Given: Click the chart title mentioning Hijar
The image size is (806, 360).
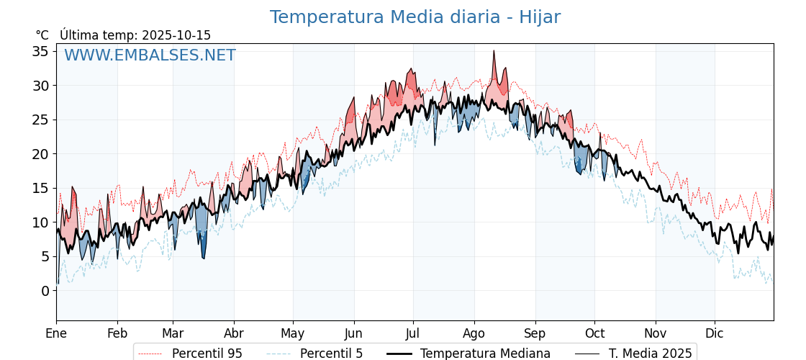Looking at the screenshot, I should point(415,17).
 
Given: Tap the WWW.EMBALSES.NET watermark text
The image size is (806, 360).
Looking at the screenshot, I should point(150,55).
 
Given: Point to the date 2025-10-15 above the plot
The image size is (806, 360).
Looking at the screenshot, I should point(176,35).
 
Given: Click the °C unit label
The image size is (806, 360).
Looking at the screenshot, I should point(42,35).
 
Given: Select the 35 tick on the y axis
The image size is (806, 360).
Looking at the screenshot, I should point(40,51).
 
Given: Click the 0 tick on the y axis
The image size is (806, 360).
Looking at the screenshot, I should point(45,291).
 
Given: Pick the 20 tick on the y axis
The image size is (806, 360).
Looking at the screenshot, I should point(40,154).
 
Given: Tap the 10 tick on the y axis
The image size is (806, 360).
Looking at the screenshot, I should point(40,222).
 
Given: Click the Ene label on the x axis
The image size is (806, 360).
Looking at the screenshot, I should point(56,333).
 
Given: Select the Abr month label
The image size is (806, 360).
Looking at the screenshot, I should point(234,333).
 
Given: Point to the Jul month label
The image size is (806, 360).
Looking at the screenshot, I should point(413,333).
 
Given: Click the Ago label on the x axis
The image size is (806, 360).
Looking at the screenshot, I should point(474,333).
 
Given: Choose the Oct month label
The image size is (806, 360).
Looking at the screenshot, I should point(594,333).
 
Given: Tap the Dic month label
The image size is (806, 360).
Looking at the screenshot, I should point(715,333).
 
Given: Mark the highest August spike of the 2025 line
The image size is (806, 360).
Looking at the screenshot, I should point(494,51).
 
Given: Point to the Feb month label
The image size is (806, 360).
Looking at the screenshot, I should point(117,333).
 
